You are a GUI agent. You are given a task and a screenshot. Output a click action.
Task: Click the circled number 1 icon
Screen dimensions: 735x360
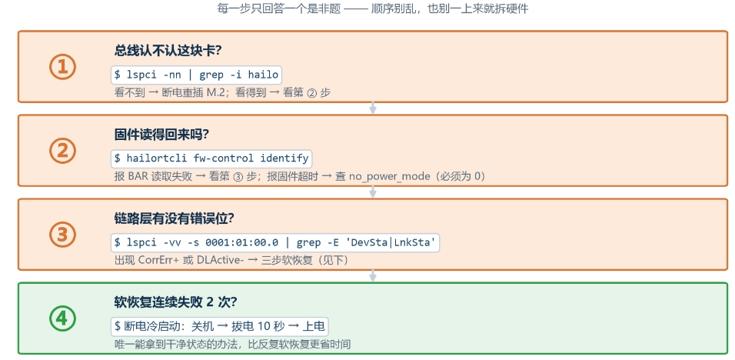click(62, 67)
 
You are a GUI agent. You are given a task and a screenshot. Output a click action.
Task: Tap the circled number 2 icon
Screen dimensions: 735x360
click(62, 151)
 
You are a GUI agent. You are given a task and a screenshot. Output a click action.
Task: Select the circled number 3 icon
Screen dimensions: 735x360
click(62, 235)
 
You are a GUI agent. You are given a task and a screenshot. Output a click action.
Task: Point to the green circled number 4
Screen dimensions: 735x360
click(62, 318)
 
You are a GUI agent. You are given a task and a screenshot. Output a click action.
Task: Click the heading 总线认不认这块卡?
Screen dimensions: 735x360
click(168, 51)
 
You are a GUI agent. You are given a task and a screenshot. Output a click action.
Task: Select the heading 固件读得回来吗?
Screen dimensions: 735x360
click(161, 135)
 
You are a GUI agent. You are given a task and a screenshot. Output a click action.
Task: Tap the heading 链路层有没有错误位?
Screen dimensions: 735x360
click(175, 218)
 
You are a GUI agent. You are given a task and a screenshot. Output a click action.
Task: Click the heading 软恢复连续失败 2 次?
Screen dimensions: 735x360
click(176, 302)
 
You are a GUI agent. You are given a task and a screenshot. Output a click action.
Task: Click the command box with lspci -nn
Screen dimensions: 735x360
click(196, 75)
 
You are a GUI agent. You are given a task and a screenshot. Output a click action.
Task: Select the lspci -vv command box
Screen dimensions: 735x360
click(275, 243)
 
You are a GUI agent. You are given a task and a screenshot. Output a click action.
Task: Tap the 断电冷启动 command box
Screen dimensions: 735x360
click(220, 327)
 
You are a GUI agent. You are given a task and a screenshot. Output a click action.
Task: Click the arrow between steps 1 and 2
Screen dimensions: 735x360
click(373, 108)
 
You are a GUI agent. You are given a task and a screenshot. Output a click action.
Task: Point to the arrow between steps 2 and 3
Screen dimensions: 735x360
click(373, 192)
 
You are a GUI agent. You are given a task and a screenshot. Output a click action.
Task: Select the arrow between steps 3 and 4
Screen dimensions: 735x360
click(373, 275)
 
